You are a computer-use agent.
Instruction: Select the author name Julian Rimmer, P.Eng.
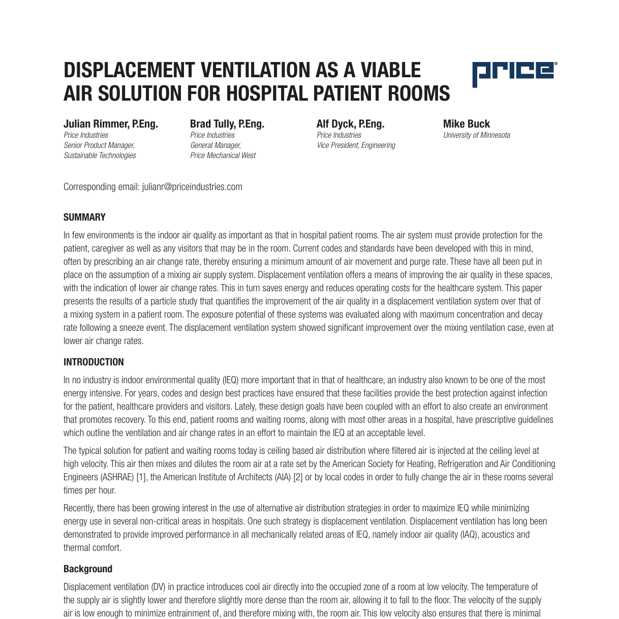coord(111,124)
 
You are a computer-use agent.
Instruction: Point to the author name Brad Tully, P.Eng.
coord(227,124)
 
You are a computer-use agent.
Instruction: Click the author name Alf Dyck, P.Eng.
coord(350,124)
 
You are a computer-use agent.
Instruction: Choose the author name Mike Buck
coord(466,124)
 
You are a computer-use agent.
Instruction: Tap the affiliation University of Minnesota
coord(476,135)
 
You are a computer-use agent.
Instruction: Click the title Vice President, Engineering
coord(356,145)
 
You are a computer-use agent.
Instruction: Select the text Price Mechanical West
coord(223,156)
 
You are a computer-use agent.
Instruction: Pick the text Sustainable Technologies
coord(100,156)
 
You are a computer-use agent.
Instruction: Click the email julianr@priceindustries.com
coord(192,187)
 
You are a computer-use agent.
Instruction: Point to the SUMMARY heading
coord(84,218)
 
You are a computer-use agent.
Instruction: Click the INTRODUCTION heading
coord(94,362)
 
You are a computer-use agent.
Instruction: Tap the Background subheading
coord(88,569)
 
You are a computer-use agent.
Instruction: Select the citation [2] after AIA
coord(298,477)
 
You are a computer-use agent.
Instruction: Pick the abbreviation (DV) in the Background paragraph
coord(158,587)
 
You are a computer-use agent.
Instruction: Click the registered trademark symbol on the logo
coord(555,64)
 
